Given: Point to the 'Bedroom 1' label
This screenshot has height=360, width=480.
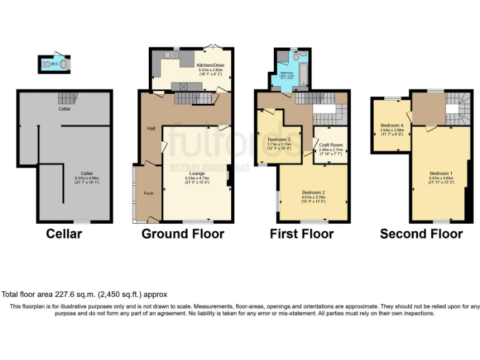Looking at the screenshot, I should click(x=441, y=172).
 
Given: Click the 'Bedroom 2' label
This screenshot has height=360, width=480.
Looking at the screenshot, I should click(x=313, y=192).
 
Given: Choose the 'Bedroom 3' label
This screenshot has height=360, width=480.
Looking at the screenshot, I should click(x=278, y=139).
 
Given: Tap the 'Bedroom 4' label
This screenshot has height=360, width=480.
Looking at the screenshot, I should click(x=392, y=125).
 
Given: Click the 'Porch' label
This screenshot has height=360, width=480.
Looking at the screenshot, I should click(x=149, y=192).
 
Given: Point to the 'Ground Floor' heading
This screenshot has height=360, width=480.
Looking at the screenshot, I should click(x=182, y=234).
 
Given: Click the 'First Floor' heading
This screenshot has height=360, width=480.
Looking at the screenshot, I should click(x=301, y=234).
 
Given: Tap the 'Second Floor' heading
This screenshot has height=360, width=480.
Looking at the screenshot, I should click(x=421, y=234).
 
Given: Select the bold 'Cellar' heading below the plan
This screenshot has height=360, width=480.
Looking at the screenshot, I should click(x=64, y=234).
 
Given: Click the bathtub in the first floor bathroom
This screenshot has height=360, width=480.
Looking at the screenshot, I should click(x=302, y=74).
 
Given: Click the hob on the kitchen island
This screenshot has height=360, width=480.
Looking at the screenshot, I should click(x=185, y=86).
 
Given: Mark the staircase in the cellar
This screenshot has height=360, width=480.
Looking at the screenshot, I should click(x=66, y=98).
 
